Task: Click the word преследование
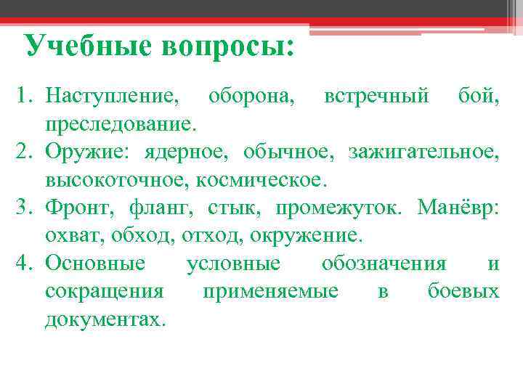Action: pyautogui.click(x=120, y=123)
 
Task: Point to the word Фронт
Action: pyautogui.click(x=76, y=208)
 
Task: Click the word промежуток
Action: pyautogui.click(x=341, y=208)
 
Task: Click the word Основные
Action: pyautogui.click(x=95, y=264)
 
